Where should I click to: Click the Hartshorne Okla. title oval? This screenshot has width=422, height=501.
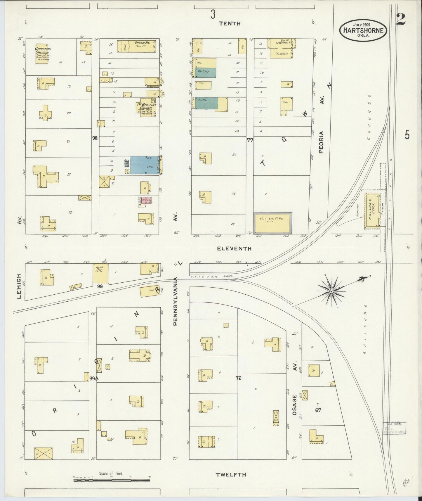363,30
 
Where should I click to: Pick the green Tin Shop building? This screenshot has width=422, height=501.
206,72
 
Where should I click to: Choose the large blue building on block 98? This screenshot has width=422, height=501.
144,165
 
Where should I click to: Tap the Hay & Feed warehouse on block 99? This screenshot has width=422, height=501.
100,273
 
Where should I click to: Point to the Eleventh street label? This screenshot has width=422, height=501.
234,248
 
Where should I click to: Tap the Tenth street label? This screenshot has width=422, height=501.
230,23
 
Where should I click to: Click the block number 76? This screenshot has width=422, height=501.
239,378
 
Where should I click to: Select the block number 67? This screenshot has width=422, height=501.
318,410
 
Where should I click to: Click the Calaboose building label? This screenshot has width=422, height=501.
280,53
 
